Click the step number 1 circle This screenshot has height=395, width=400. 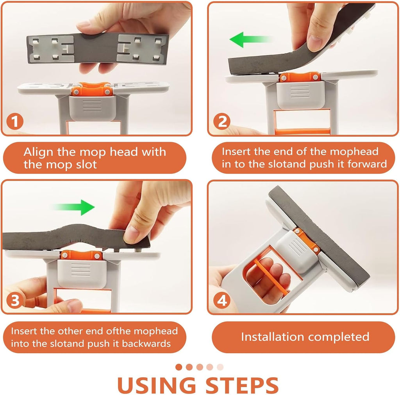click(x=15, y=121)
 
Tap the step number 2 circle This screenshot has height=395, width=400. click(x=222, y=121)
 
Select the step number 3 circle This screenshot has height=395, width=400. click(x=15, y=300)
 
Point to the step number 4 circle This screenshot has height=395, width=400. click(x=222, y=300)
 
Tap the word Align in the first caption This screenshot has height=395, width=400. click(x=38, y=152)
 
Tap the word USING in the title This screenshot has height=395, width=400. click(x=156, y=385)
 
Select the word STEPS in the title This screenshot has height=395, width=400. click(x=242, y=385)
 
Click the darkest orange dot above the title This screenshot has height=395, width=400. click(x=179, y=367)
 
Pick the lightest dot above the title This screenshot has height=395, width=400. click(x=220, y=367)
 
